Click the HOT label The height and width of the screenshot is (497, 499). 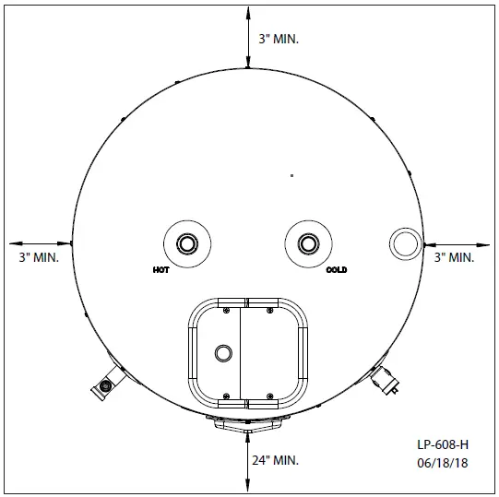tap(161, 270)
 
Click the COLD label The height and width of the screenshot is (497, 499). tap(337, 270)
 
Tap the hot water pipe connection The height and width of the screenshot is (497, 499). tap(187, 244)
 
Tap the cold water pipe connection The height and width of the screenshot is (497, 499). tap(308, 244)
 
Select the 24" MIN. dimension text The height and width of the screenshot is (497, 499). tap(275, 460)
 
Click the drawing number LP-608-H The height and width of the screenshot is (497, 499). tap(443, 444)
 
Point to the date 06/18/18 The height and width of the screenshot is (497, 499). tap(443, 463)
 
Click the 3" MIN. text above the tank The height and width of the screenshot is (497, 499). tap(279, 39)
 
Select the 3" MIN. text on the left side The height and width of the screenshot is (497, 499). tap(39, 257)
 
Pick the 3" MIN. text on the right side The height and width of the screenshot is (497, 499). tap(454, 257)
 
